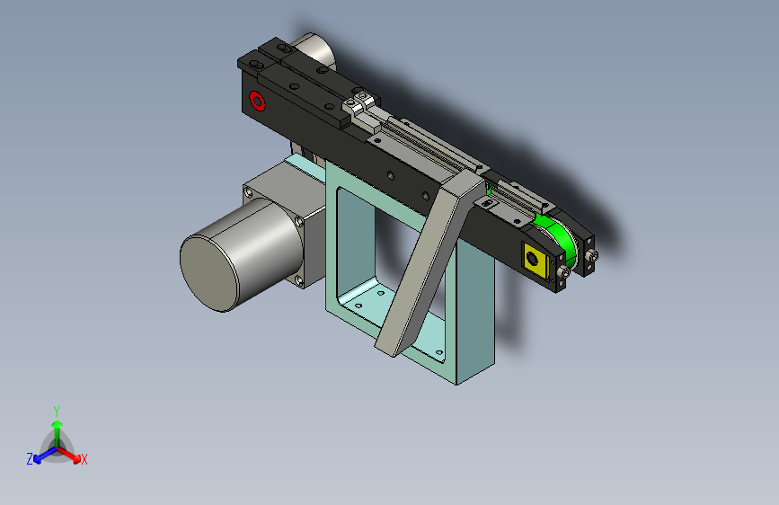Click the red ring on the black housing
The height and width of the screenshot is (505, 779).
pyautogui.click(x=257, y=101)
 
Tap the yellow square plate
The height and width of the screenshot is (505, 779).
pyautogui.click(x=536, y=260)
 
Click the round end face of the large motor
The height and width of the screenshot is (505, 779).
pyautogui.click(x=209, y=273)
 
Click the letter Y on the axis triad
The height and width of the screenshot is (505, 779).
pyautogui.click(x=57, y=411)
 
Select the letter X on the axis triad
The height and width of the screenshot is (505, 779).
pyautogui.click(x=84, y=459)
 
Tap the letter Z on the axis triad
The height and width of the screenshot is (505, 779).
pyautogui.click(x=30, y=459)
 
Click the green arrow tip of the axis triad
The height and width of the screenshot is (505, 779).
pyautogui.click(x=58, y=424)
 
